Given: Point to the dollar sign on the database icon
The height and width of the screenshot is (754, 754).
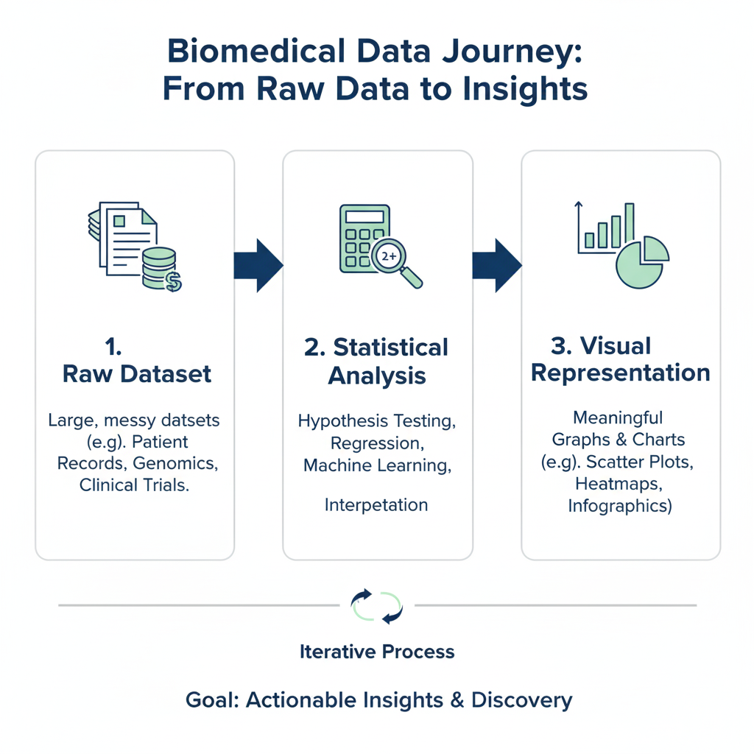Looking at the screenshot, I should tap(174, 281).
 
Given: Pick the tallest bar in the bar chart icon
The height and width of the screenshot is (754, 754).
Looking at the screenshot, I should tap(629, 225).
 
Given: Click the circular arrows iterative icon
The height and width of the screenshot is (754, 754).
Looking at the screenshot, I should tap(377, 605).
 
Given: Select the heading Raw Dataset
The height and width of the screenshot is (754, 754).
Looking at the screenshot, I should tap(137, 373).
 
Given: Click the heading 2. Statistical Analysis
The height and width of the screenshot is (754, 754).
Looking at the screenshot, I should tap(376, 361).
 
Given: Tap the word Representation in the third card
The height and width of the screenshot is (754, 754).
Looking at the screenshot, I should tap(620, 373).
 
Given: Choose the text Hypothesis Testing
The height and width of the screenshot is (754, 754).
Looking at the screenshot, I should tap(376, 422).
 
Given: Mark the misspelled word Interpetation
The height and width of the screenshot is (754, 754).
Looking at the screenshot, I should tap(376, 505).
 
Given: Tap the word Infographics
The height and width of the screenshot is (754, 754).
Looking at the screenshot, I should tap(619, 507).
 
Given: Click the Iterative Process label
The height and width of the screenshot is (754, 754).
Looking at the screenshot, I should tap(377, 652).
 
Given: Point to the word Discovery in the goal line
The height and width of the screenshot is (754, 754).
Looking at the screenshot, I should tap(521, 700).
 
